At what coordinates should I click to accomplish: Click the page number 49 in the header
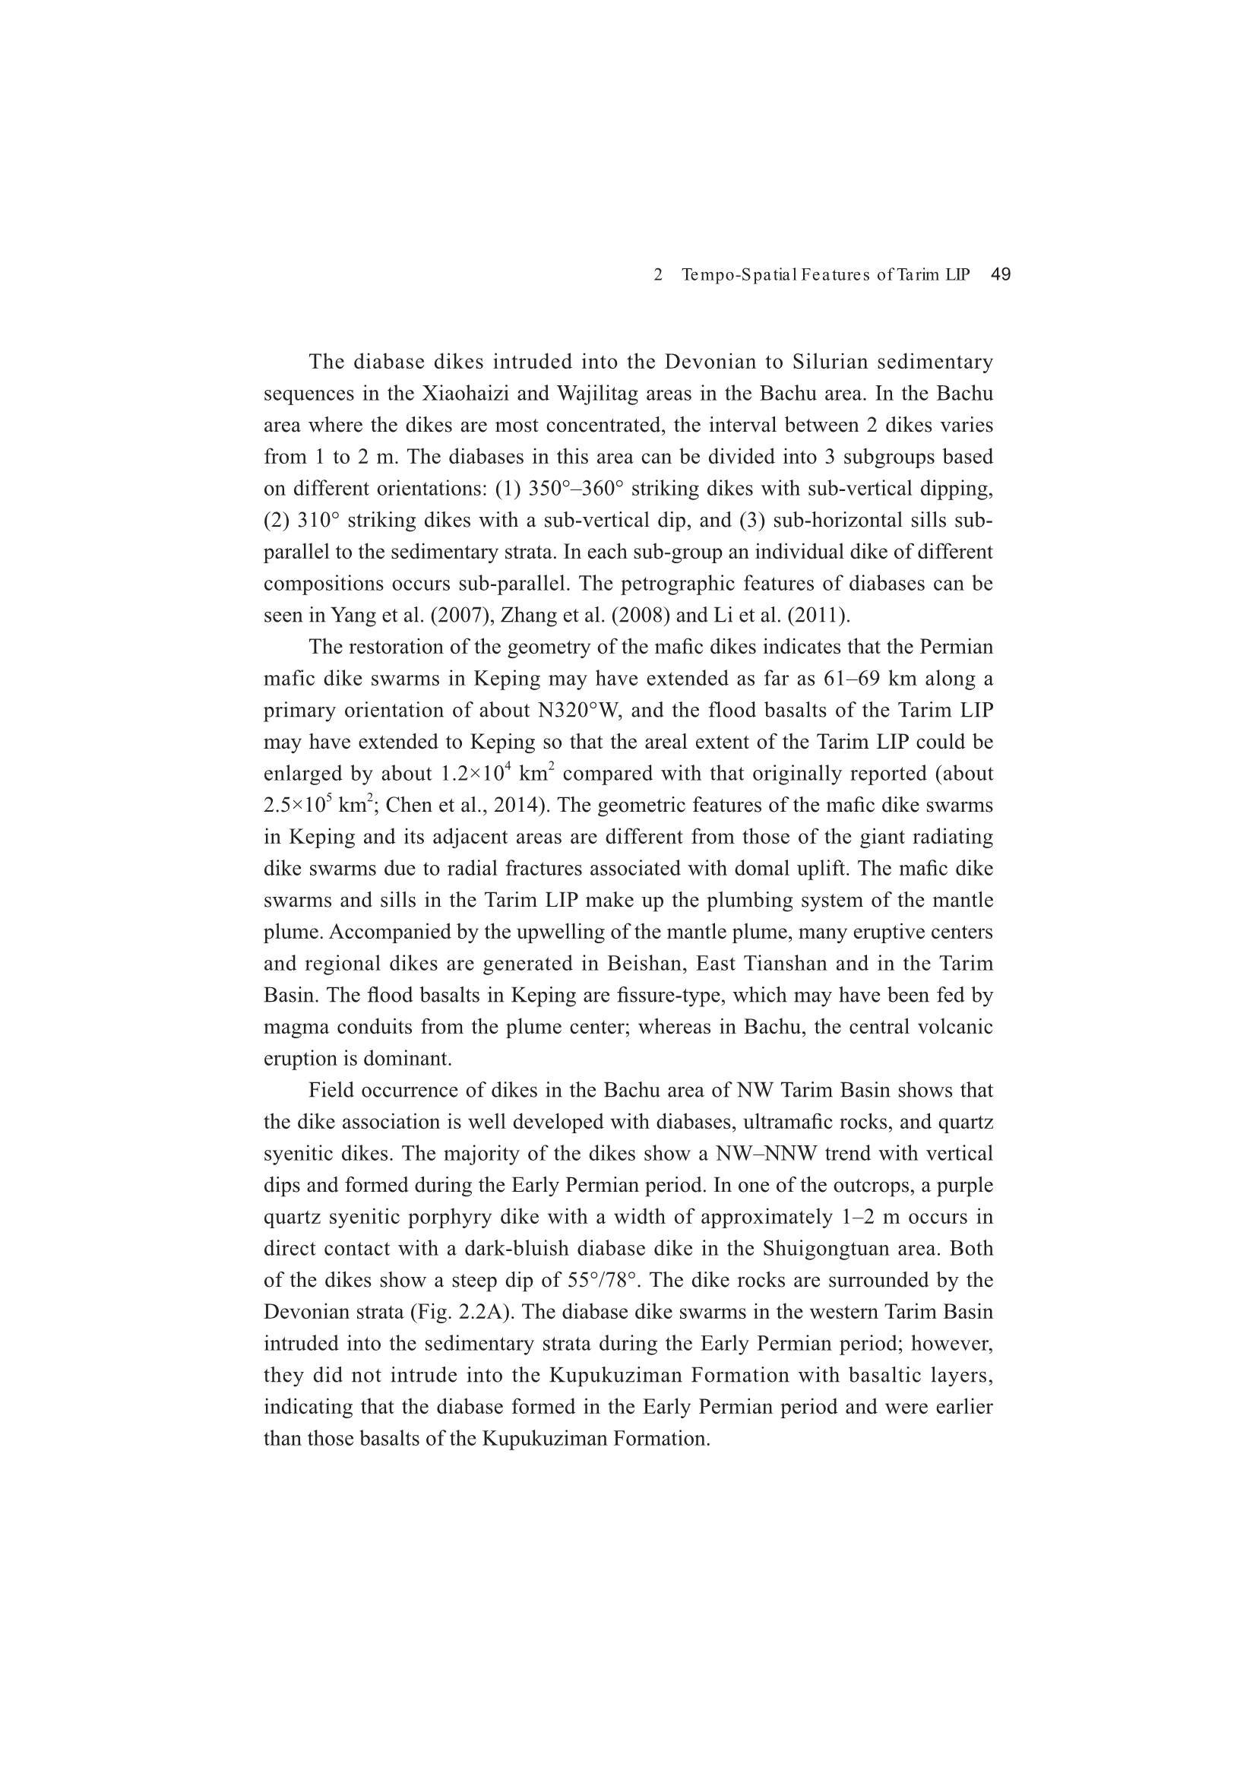pyautogui.click(x=1001, y=274)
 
